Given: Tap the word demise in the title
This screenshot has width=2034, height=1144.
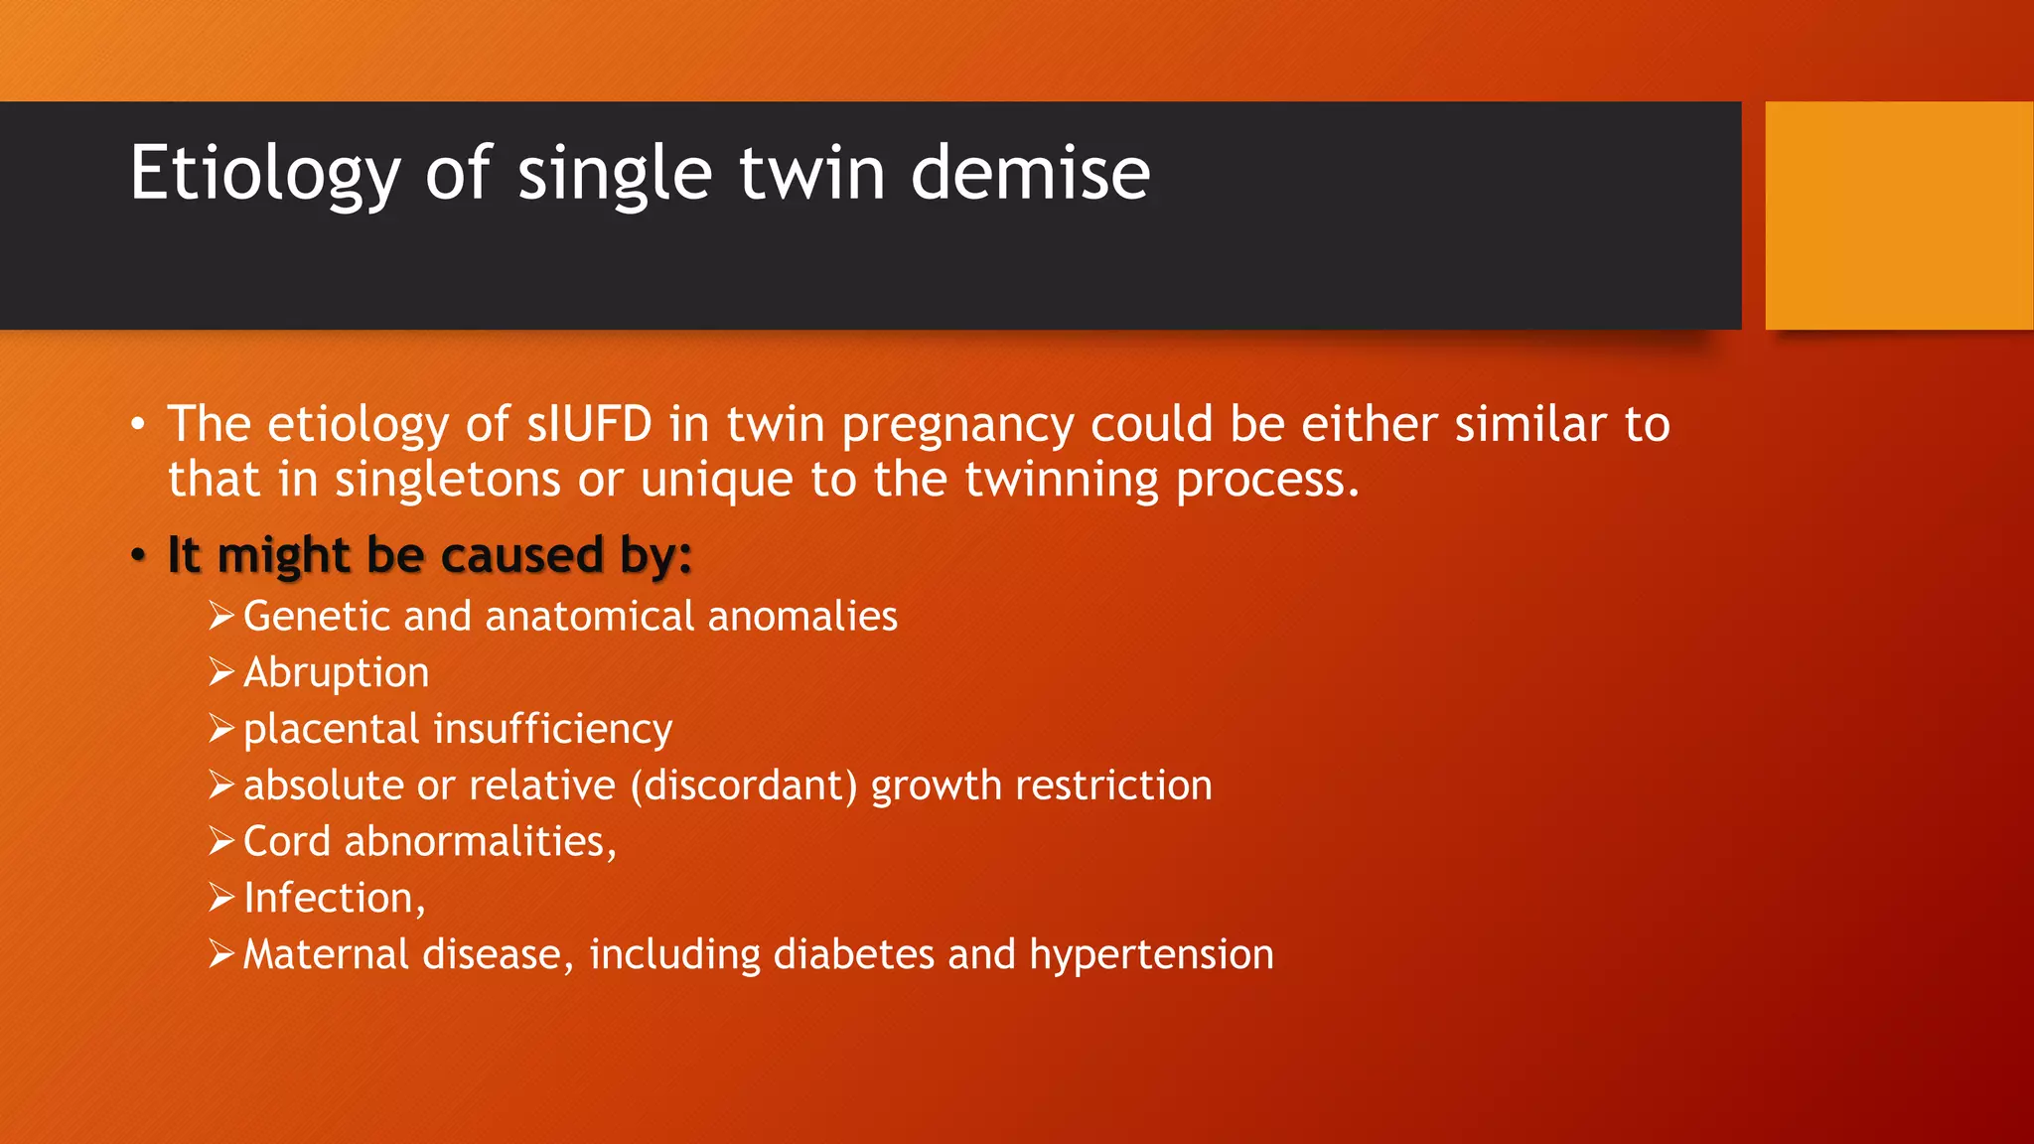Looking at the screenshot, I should pyautogui.click(x=1030, y=174).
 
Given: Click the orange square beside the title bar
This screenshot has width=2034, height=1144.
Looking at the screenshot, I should pyautogui.click(x=1899, y=214).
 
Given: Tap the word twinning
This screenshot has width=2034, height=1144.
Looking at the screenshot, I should pyautogui.click(x=1061, y=480).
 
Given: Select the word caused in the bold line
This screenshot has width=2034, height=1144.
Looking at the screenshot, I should pyautogui.click(x=521, y=554).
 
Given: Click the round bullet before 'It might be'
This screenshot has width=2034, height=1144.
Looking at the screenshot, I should pyautogui.click(x=138, y=555).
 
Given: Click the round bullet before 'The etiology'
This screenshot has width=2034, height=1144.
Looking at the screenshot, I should pyautogui.click(x=138, y=425).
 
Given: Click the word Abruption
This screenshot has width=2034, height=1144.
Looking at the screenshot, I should pyautogui.click(x=336, y=673).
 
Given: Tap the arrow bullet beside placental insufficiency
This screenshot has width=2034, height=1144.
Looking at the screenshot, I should pyautogui.click(x=220, y=729).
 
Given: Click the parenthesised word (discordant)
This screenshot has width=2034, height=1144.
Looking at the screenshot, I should pyautogui.click(x=744, y=786).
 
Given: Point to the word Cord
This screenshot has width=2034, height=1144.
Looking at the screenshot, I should pyautogui.click(x=286, y=842).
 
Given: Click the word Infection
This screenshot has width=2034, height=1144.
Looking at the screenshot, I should pyautogui.click(x=330, y=899).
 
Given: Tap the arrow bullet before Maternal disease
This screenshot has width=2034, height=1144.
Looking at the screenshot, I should pyautogui.click(x=220, y=954).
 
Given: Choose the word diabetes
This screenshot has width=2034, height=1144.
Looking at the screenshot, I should pyautogui.click(x=853, y=954).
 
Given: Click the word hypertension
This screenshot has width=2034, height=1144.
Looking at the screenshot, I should pyautogui.click(x=1151, y=955).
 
